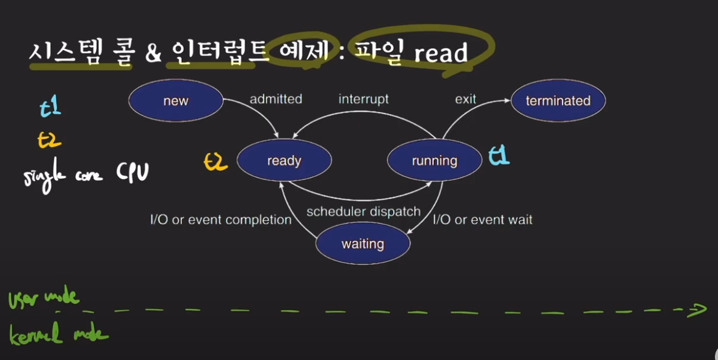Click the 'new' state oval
click(x=176, y=101)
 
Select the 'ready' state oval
click(x=284, y=160)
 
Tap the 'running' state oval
click(x=434, y=160)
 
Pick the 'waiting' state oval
click(x=363, y=244)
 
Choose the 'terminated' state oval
click(x=558, y=101)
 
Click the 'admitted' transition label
click(x=276, y=99)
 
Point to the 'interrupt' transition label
click(x=364, y=99)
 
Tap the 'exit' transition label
click(x=465, y=99)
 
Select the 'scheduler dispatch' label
click(x=363, y=212)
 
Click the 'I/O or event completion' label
click(x=221, y=220)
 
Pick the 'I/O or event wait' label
click(x=482, y=220)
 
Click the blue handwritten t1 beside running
click(x=499, y=157)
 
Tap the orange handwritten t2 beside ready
click(x=216, y=161)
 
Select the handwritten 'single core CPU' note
click(x=85, y=176)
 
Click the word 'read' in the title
click(x=441, y=54)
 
